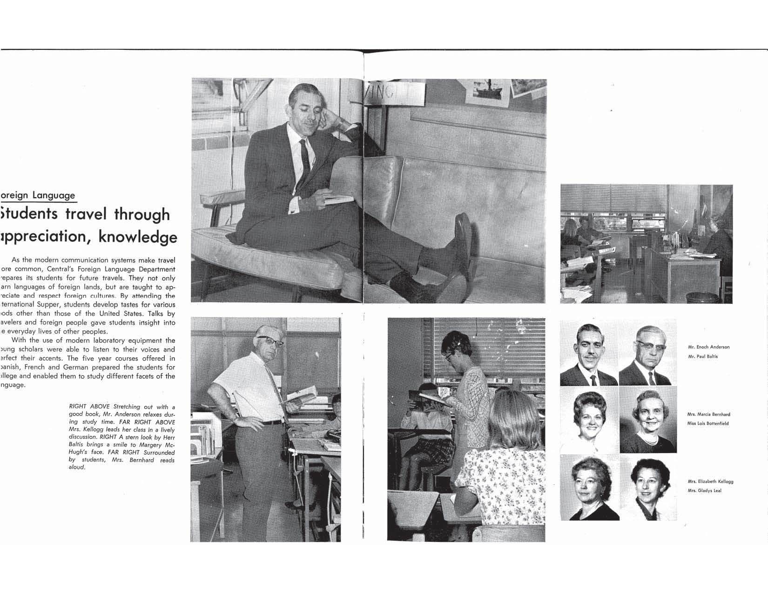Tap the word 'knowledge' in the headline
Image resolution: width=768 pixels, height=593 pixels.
139,237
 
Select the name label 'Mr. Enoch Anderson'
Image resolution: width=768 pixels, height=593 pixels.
708,347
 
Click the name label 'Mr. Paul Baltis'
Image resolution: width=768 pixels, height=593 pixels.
703,357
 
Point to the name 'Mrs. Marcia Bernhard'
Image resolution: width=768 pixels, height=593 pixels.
708,414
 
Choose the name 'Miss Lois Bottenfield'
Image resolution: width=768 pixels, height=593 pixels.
707,424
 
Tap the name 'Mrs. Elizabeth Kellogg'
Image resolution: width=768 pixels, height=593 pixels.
710,482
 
